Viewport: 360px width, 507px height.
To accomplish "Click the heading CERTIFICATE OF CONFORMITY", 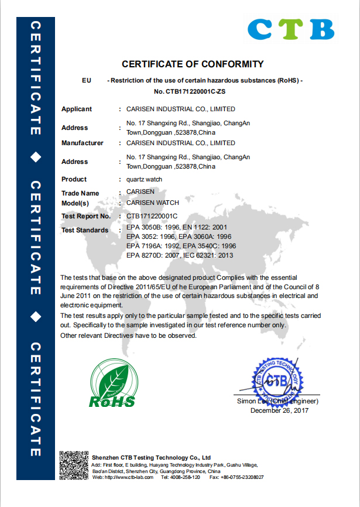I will click(193, 64).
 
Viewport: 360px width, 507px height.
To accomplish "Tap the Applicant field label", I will click(77, 109).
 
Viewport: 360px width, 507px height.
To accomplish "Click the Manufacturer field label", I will click(83, 143).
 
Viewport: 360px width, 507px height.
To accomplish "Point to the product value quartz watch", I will click(145, 180).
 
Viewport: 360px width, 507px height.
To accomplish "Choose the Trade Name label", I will click(80, 193).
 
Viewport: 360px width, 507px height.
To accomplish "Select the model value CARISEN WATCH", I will click(152, 203).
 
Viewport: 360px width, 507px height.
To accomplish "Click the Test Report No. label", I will click(86, 217).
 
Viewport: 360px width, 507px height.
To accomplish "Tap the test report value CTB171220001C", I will click(152, 217).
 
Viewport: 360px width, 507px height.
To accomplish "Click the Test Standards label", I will click(85, 231).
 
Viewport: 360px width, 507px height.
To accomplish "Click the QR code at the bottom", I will click(74, 466).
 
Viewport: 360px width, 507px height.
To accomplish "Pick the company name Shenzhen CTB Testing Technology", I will click(151, 457).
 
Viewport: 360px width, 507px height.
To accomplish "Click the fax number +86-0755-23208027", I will click(240, 478).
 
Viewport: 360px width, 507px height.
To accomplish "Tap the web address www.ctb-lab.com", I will click(129, 478).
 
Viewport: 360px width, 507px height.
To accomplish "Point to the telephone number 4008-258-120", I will click(184, 478).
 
